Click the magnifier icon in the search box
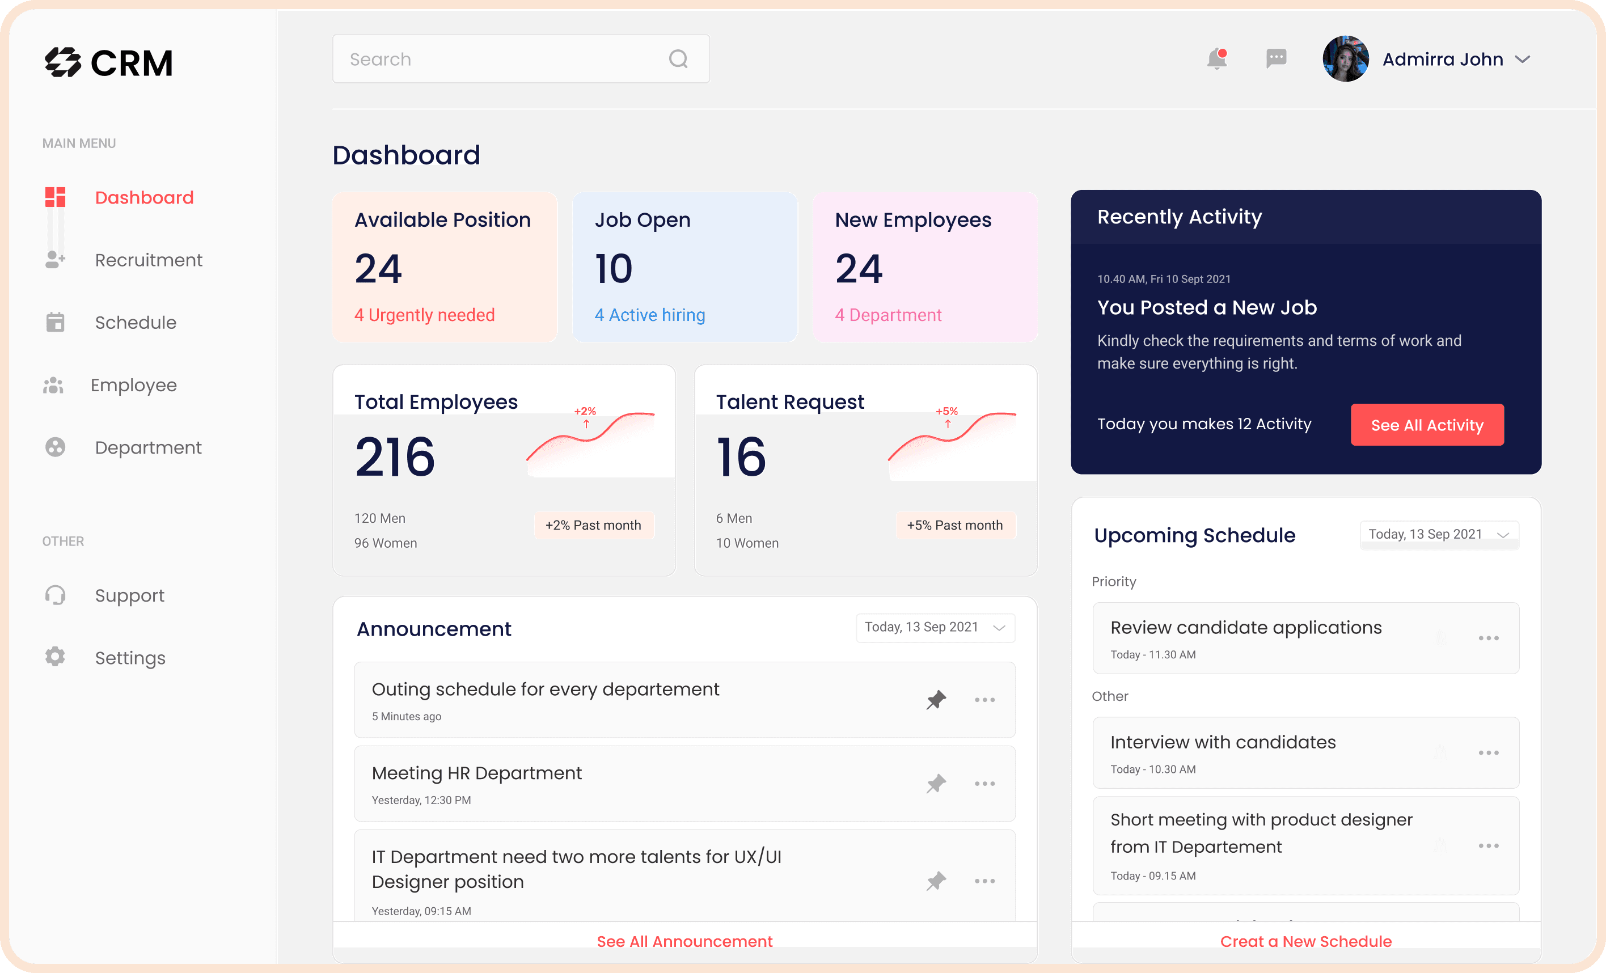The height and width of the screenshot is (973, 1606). (678, 60)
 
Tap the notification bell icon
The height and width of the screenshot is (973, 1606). (1216, 60)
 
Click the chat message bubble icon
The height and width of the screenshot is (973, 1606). (1275, 58)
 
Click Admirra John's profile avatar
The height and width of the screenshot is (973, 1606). (1345, 58)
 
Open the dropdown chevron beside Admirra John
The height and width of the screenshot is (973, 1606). (1523, 60)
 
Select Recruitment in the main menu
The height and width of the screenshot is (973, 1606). (149, 260)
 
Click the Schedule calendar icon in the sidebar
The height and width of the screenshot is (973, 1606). (56, 322)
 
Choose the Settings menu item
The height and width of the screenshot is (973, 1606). (130, 658)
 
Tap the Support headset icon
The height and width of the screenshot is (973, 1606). (56, 595)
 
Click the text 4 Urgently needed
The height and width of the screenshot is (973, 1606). (424, 315)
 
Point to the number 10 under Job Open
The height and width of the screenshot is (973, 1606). (614, 269)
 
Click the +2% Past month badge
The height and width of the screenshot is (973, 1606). (593, 525)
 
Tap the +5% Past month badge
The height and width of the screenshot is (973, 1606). (955, 525)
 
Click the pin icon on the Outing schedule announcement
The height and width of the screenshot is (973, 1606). (936, 700)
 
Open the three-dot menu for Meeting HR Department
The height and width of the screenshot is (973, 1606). (984, 784)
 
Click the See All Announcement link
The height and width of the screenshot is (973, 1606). (684, 941)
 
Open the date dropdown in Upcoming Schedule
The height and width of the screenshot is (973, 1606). (1439, 534)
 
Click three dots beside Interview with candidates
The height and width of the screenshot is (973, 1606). (1488, 753)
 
